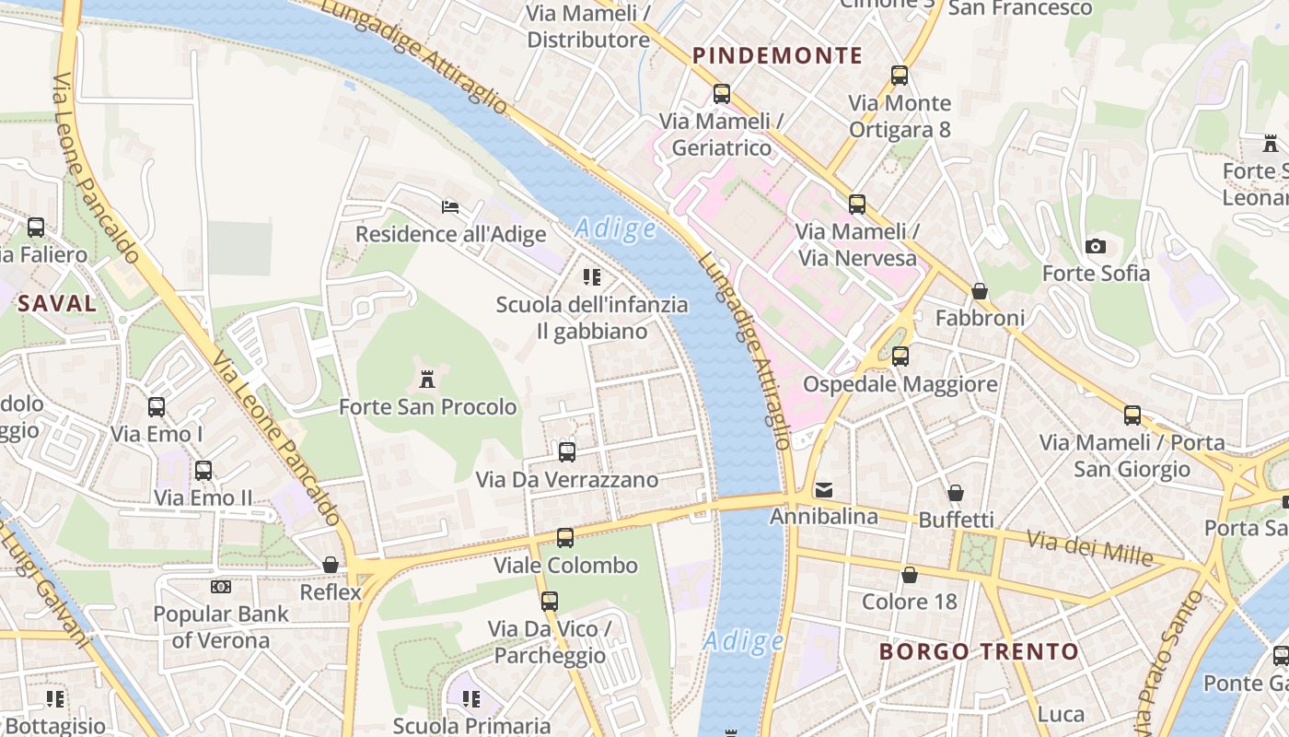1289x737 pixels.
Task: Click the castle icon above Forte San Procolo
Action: pos(427,379)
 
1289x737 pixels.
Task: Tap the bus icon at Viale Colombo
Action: pos(565,537)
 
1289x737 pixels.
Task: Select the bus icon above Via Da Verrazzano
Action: pos(567,452)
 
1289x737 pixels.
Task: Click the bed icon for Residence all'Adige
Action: pos(450,206)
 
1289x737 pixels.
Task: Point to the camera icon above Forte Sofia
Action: pos(1096,246)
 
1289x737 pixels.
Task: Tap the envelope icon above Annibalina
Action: pos(823,489)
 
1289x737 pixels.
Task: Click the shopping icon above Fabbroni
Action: pos(980,291)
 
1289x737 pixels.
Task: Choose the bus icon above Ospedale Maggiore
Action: pos(900,357)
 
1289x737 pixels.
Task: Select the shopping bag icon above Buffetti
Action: pos(956,493)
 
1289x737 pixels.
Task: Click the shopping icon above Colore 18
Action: pos(910,575)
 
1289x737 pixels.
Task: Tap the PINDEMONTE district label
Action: pos(778,55)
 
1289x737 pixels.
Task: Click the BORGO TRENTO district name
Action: pos(979,652)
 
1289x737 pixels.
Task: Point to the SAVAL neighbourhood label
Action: pos(57,303)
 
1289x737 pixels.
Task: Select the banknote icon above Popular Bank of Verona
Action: pos(221,587)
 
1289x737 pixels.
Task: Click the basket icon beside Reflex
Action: pos(331,565)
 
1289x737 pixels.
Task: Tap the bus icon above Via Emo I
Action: pos(157,406)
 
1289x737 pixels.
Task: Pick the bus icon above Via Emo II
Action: pos(203,471)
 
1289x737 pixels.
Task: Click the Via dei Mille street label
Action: pos(1090,548)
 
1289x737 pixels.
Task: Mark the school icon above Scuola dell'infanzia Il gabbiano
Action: pos(592,276)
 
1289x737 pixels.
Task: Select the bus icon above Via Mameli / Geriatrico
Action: pos(722,94)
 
